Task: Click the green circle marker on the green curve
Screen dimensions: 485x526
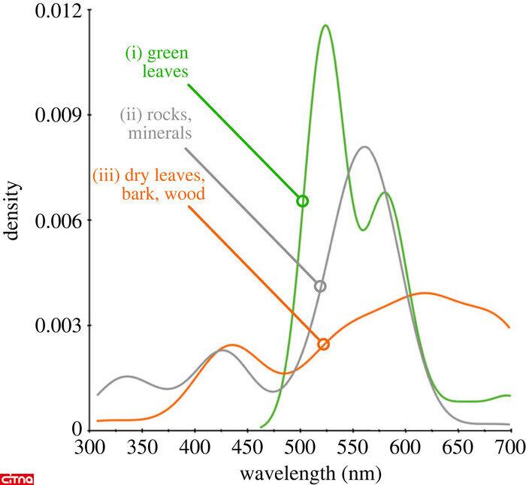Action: (x=303, y=201)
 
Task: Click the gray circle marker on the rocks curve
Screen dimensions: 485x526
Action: (x=321, y=286)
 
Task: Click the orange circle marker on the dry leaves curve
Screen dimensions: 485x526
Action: (x=324, y=344)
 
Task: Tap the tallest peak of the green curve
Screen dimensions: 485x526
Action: (x=325, y=26)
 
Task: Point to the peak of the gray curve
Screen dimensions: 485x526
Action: (x=364, y=147)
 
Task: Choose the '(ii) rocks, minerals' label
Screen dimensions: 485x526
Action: (x=156, y=125)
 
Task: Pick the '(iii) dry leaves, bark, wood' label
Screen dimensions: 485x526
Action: (x=149, y=185)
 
